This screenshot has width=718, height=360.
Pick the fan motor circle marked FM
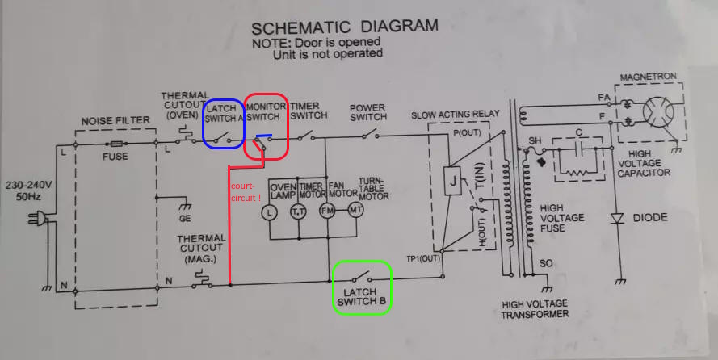click(327, 211)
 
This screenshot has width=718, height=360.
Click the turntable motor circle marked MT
click(356, 211)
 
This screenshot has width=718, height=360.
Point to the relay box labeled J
click(452, 181)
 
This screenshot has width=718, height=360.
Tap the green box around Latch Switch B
click(363, 287)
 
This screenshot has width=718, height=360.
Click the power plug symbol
click(36, 217)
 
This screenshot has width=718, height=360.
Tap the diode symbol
click(619, 217)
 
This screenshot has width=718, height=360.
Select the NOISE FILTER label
click(115, 121)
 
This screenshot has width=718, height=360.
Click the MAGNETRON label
click(648, 77)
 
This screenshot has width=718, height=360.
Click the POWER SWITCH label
click(367, 112)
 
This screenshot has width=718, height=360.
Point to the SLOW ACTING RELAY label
click(456, 115)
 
